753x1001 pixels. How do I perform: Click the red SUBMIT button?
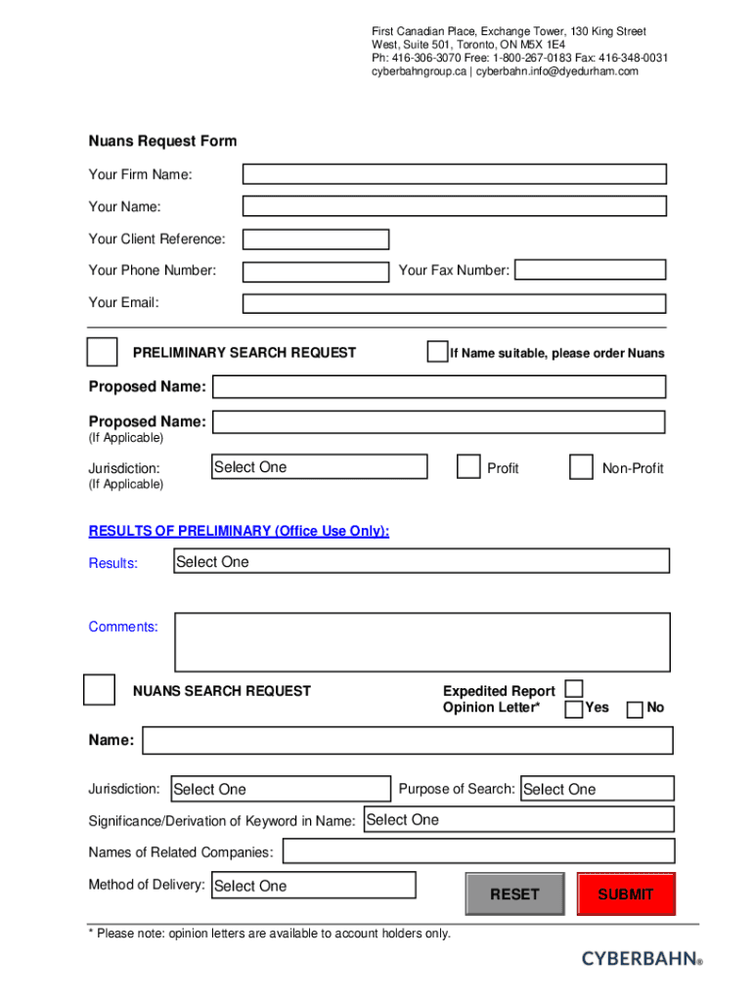[x=626, y=893]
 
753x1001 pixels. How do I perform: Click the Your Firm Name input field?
[x=454, y=174]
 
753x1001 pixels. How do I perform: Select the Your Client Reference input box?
[x=315, y=239]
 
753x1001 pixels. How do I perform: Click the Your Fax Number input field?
[x=590, y=270]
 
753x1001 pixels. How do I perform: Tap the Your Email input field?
[x=454, y=303]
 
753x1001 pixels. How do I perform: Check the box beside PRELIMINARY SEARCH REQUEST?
[x=102, y=352]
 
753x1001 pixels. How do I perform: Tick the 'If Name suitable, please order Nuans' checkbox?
[x=437, y=352]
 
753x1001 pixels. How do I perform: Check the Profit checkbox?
[x=468, y=467]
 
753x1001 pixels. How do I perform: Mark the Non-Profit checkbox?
[x=581, y=467]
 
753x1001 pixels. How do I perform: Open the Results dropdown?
[x=421, y=561]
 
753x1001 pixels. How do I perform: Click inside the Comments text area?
[x=421, y=641]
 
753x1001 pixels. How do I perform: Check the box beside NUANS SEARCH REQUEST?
[x=99, y=690]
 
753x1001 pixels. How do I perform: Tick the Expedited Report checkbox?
[x=574, y=689]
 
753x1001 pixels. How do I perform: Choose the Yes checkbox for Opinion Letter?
[x=574, y=708]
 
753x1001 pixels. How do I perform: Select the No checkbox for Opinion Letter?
[x=635, y=708]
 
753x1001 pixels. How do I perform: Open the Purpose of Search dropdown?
[x=597, y=789]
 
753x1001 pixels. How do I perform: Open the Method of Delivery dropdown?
[x=313, y=886]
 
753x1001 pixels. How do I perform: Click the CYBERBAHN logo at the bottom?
[x=642, y=959]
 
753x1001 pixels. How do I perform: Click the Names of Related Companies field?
[x=478, y=851]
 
